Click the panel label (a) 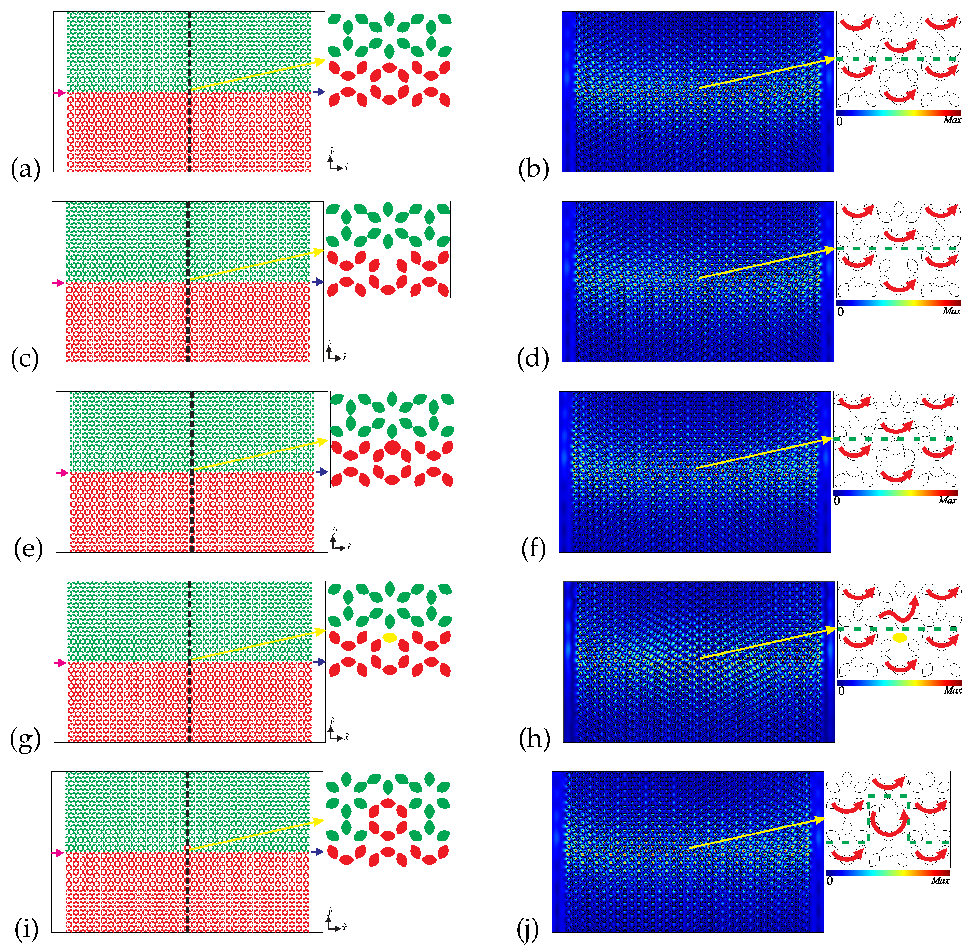(25, 169)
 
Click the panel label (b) (533, 169)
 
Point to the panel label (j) (528, 929)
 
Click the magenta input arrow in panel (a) (59, 92)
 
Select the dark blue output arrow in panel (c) (317, 282)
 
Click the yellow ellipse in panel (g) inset (390, 637)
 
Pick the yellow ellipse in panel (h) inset (899, 637)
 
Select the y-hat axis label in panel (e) (334, 530)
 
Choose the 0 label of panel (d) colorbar (840, 311)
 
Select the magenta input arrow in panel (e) (62, 473)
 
